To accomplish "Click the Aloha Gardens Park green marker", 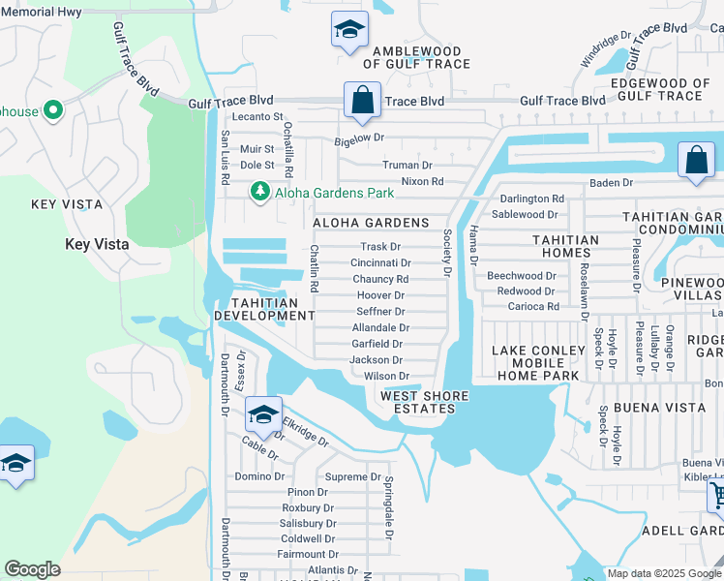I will click(x=259, y=193).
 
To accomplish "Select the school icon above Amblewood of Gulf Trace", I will click(x=348, y=30).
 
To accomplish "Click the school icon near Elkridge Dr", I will click(x=263, y=415).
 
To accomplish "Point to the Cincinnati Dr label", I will click(x=380, y=262).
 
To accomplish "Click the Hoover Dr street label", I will click(x=380, y=295).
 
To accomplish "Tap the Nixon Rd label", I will click(x=422, y=181).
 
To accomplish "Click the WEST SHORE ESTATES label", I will click(x=425, y=403).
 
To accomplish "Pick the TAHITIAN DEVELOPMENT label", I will click(x=264, y=309).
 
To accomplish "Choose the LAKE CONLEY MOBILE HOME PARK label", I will click(x=538, y=363).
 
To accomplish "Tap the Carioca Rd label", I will click(x=533, y=306).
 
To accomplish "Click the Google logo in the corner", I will click(x=32, y=569).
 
